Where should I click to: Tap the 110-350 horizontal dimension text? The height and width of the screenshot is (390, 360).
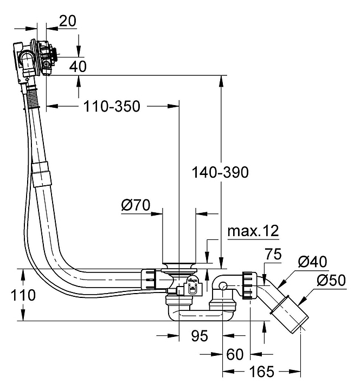[112, 106]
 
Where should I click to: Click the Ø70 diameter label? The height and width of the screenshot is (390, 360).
[136, 205]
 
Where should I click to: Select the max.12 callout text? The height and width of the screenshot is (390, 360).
[253, 231]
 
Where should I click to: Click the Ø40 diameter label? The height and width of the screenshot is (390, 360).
[312, 262]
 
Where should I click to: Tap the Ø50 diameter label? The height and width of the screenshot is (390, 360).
[331, 281]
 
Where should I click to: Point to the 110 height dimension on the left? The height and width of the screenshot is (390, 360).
[22, 295]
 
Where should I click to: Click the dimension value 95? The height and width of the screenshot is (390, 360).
[199, 336]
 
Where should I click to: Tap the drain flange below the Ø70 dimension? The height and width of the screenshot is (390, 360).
[178, 266]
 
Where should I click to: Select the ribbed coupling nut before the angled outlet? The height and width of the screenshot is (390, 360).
[249, 284]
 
